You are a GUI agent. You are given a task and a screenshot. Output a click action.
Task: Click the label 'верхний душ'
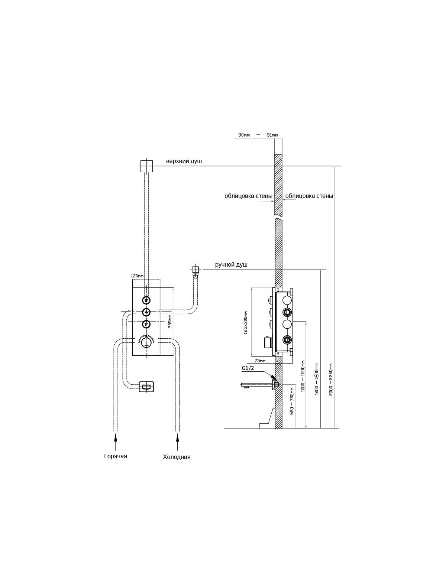click(x=184, y=161)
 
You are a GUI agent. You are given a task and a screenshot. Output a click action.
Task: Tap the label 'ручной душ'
click(x=231, y=265)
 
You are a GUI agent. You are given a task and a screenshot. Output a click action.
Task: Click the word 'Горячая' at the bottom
click(x=115, y=456)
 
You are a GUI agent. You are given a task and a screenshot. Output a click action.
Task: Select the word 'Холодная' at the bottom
click(x=177, y=457)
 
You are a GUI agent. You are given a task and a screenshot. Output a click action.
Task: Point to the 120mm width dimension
click(x=137, y=276)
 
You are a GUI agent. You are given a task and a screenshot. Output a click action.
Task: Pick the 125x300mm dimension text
click(x=245, y=322)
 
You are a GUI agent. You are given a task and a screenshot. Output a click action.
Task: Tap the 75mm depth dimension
click(x=260, y=361)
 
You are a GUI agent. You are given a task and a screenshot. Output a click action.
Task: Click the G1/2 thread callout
click(x=248, y=368)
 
